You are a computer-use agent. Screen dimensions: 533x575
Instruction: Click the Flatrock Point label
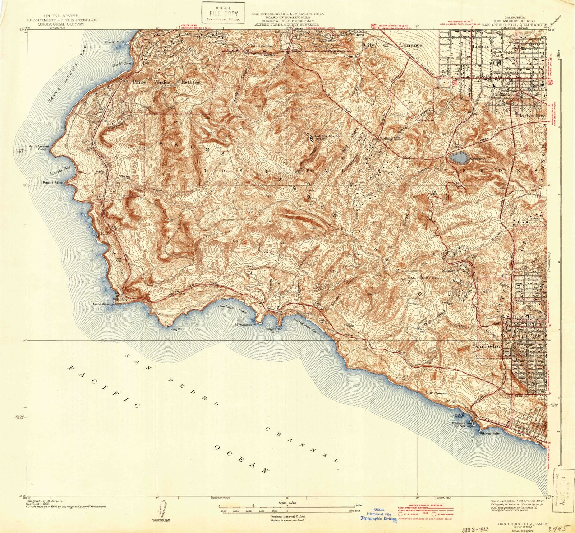point(112,42)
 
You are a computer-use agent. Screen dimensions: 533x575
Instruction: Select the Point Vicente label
point(103,304)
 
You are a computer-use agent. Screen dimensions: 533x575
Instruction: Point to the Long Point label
point(177,329)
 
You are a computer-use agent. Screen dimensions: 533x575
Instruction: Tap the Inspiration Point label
point(274,330)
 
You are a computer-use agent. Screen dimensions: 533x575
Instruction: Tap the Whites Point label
point(490,434)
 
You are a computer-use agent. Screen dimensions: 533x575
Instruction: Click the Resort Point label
point(53,182)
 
